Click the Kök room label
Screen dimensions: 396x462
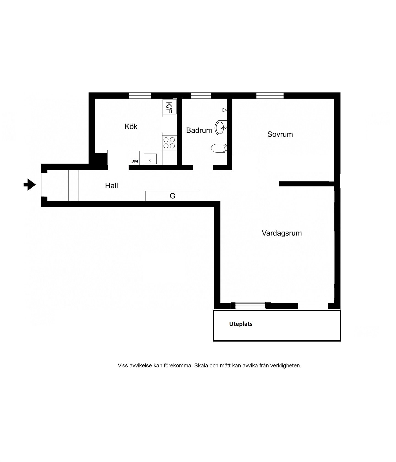[131, 127]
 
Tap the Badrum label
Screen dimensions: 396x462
[199, 130]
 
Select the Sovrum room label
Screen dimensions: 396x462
[280, 134]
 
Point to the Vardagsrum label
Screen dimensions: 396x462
[282, 233]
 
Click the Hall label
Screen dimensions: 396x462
[112, 186]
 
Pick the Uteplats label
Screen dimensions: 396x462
[241, 324]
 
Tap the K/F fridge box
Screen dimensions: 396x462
[169, 107]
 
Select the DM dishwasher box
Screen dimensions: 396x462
[134, 159]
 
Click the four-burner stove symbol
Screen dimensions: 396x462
[169, 143]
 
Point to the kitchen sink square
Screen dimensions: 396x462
[150, 159]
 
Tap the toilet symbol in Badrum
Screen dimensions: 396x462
[219, 148]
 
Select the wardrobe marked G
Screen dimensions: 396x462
[172, 196]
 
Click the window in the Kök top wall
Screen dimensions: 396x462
[140, 95]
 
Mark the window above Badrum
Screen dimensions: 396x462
[201, 95]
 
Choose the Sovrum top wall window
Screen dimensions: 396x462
[270, 95]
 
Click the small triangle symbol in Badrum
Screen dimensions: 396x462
[225, 110]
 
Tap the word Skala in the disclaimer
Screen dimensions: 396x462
[201, 366]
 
